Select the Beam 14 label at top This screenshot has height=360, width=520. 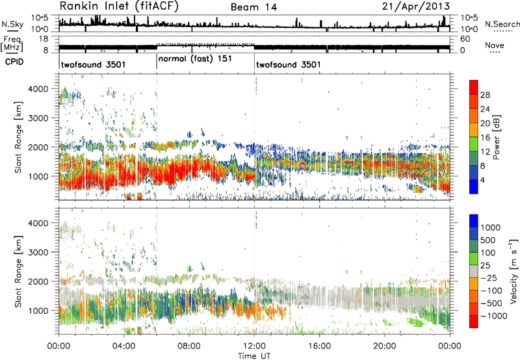click(x=254, y=7)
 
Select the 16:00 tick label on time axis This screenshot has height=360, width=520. click(x=320, y=346)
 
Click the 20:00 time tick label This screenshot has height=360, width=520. click(x=386, y=346)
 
